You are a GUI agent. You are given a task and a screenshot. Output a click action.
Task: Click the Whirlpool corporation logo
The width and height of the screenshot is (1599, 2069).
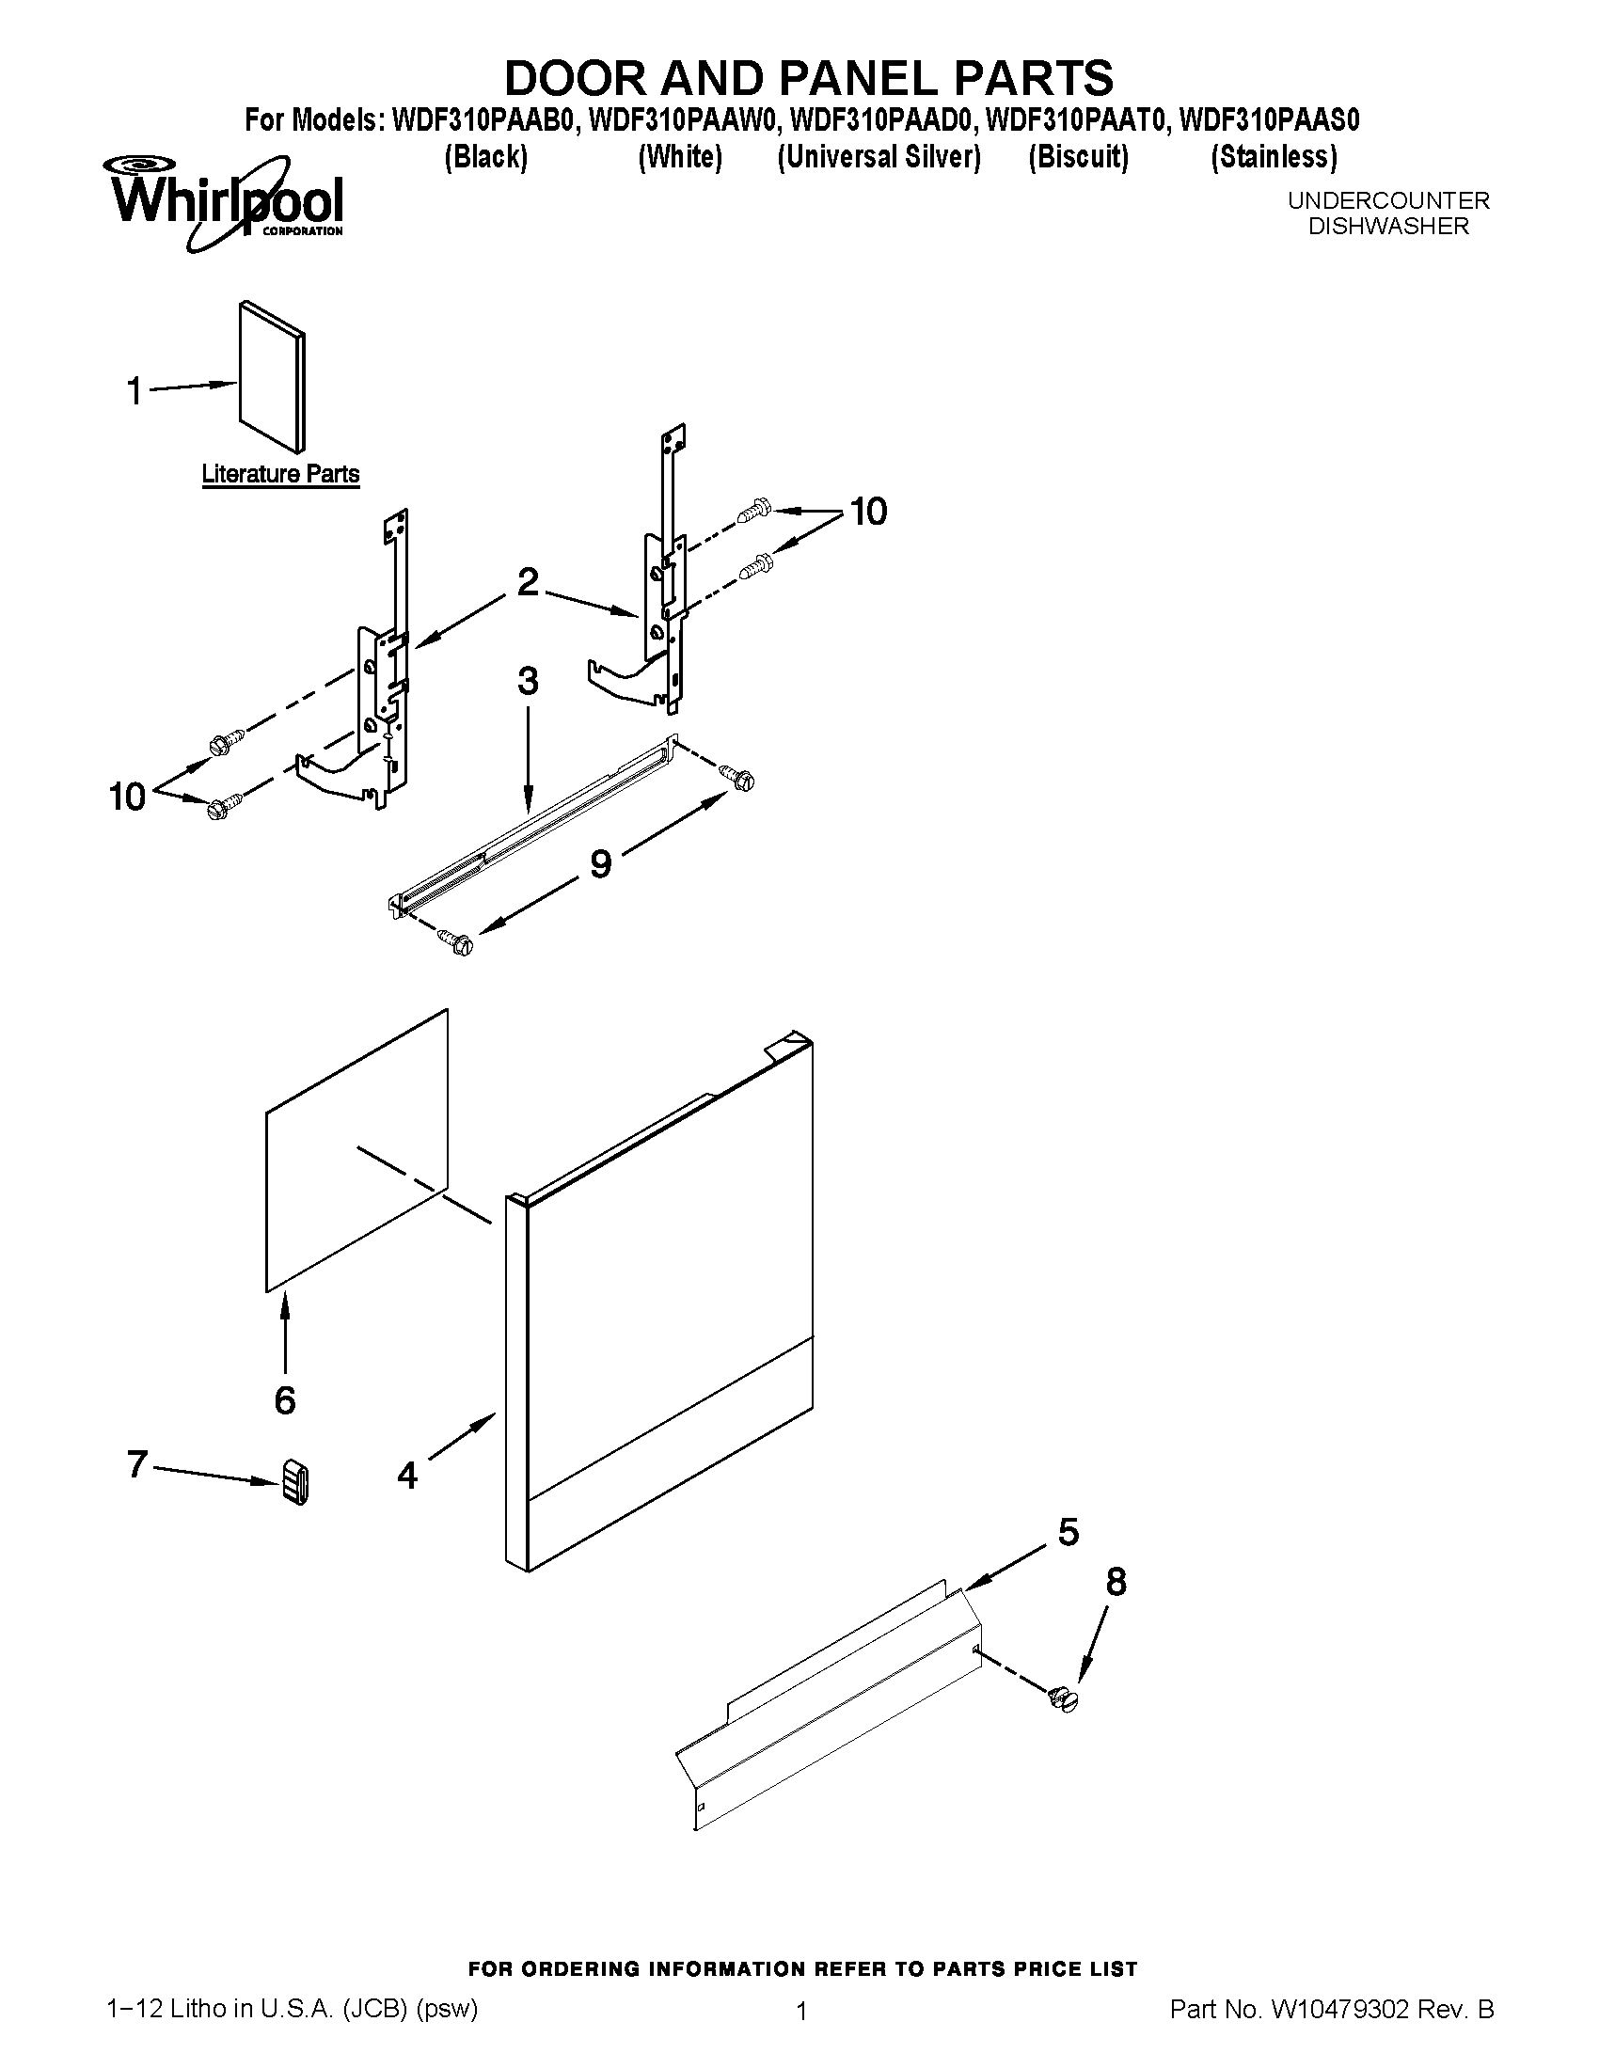[226, 202]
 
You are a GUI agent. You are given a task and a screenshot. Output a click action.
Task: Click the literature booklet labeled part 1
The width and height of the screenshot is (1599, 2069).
[273, 376]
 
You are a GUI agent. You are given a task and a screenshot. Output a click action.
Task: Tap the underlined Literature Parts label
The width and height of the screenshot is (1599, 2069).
[280, 474]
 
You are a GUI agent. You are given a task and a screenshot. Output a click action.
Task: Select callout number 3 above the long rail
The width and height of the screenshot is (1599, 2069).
[528, 681]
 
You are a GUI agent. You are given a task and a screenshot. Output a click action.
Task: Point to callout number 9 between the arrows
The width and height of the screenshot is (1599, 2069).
[601, 863]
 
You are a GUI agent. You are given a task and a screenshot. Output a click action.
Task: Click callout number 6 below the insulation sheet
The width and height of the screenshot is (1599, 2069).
[285, 1399]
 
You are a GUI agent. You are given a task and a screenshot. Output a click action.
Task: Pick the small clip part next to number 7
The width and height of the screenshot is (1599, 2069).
[295, 1480]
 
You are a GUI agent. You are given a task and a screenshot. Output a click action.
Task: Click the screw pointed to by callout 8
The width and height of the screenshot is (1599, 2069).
[1065, 1698]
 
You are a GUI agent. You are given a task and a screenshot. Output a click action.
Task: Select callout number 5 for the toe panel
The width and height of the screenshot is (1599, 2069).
[1069, 1532]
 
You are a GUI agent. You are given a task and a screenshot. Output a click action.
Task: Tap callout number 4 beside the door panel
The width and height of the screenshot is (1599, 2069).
[407, 1475]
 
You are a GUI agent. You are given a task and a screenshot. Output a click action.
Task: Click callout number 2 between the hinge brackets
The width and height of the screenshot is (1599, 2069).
[528, 581]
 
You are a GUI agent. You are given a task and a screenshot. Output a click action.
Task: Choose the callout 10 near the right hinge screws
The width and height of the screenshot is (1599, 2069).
[868, 512]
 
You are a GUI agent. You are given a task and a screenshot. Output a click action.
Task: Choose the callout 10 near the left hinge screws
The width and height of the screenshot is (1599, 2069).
[127, 797]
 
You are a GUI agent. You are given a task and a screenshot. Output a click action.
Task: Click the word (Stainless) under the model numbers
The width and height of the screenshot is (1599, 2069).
[1274, 156]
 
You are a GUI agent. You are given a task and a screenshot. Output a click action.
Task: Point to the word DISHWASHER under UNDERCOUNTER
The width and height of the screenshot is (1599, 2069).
[1387, 227]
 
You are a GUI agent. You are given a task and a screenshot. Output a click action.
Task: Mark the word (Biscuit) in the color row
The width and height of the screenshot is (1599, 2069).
[1078, 156]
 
